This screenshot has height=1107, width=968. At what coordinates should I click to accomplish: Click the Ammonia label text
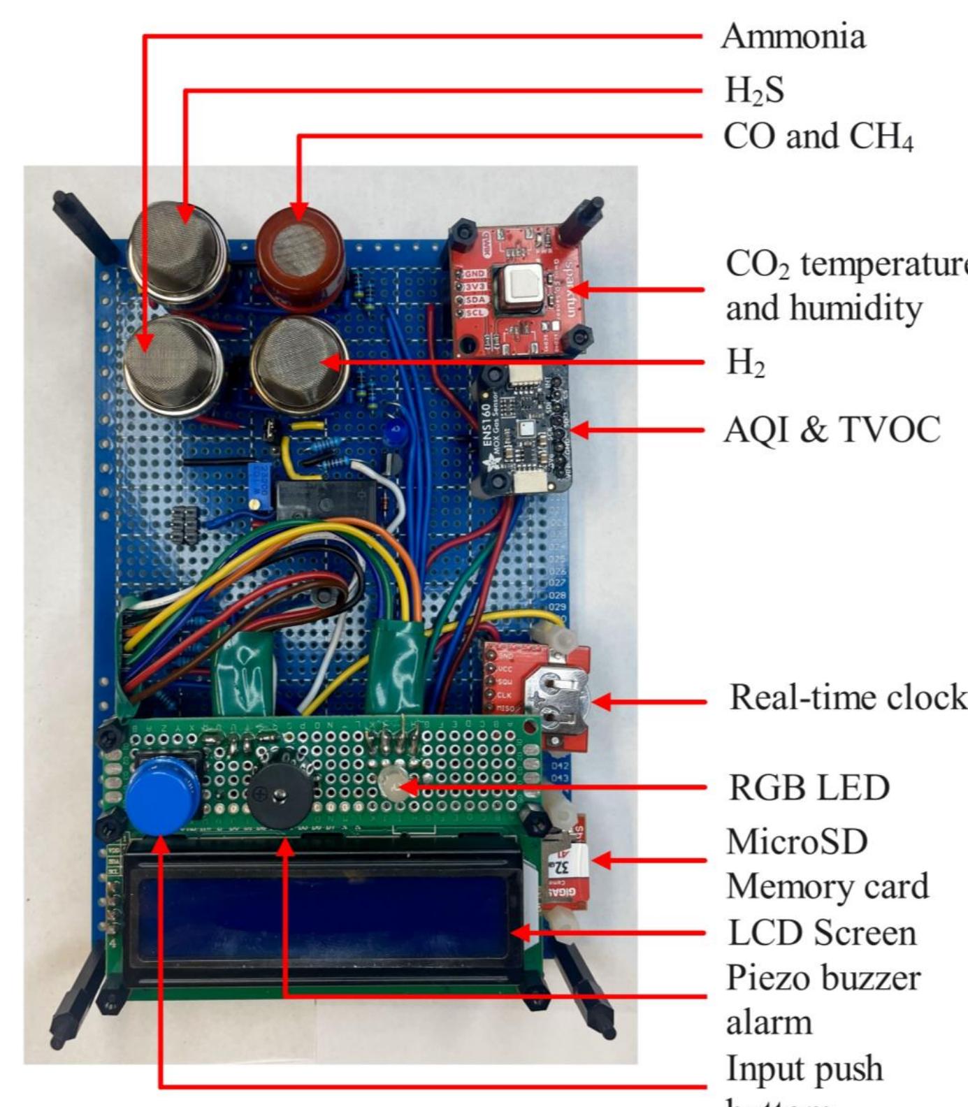click(x=793, y=36)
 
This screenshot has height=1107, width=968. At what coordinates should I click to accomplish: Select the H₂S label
click(x=753, y=90)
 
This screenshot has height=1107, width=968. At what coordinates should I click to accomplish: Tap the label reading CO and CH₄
click(x=818, y=136)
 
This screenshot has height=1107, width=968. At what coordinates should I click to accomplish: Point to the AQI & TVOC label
click(x=832, y=429)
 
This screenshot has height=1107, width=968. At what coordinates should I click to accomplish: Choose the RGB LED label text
click(x=809, y=788)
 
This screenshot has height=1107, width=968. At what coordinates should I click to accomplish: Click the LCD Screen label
click(x=821, y=933)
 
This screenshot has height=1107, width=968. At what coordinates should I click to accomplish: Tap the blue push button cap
click(x=163, y=796)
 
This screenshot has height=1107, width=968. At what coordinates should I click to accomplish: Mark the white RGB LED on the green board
click(x=392, y=787)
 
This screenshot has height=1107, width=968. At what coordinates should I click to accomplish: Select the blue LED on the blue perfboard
click(x=396, y=433)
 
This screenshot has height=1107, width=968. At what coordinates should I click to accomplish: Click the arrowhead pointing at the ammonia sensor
click(x=145, y=342)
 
